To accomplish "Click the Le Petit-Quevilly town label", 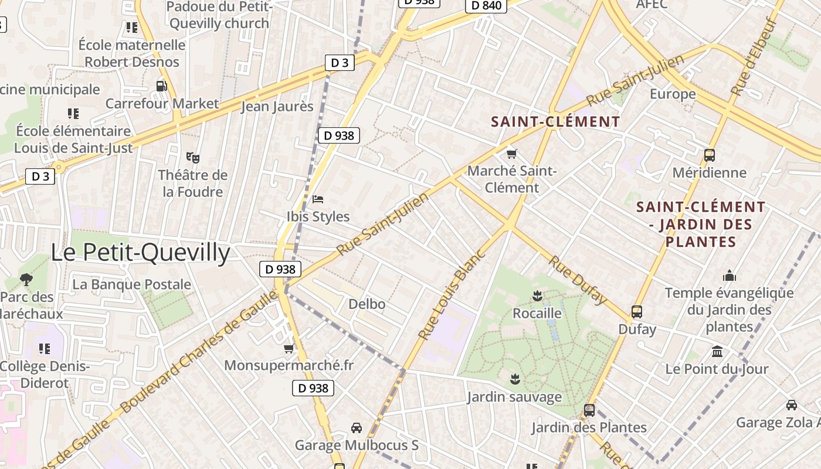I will point(140,252).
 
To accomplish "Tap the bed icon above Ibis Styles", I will point(318,199).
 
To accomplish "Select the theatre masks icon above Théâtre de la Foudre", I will point(193,157).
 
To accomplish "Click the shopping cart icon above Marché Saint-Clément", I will point(512,154).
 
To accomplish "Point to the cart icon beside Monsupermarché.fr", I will point(289,349).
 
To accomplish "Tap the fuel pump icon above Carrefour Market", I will point(161,86).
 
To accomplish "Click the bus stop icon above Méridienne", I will point(710,155).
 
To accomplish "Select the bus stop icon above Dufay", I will point(637,312).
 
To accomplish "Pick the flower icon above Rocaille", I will point(537,295).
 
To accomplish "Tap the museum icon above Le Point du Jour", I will point(717,352).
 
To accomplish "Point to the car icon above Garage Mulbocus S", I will point(356,428).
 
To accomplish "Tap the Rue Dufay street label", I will point(577,280).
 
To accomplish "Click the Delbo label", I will point(367,304).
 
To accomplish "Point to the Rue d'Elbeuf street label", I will point(755,57).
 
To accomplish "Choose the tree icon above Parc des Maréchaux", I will point(26,279).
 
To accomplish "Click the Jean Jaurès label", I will point(277,107).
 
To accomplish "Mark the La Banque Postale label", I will point(132,284).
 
